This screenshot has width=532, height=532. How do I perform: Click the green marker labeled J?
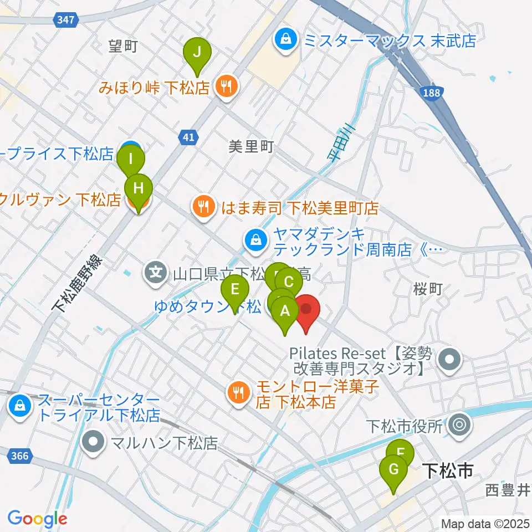click(197, 53)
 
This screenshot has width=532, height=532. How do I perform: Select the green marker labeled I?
click(131, 160)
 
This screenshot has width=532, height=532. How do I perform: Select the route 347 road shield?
click(66, 19)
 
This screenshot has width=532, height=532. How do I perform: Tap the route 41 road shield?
click(189, 137)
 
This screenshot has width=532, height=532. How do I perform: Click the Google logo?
click(37, 519)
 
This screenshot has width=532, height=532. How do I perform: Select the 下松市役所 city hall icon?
click(459, 426)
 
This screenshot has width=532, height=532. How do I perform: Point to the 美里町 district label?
click(251, 147)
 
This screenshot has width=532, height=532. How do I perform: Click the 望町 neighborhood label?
click(122, 47)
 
